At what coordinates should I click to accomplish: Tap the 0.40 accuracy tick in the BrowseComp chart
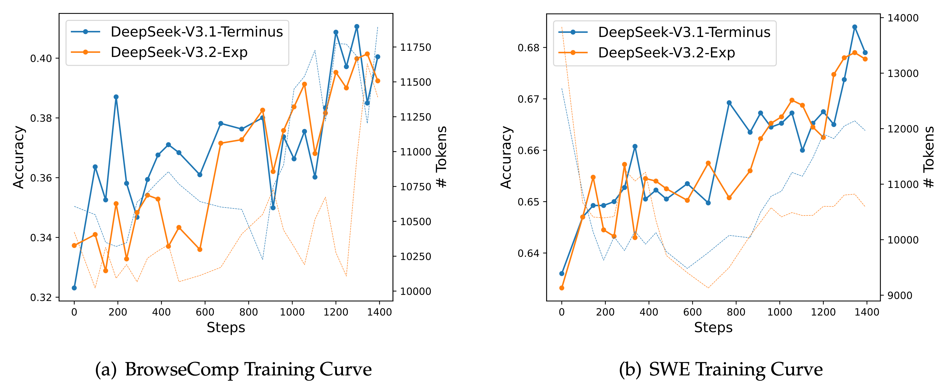pos(41,58)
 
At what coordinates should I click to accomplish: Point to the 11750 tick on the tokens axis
pos(416,47)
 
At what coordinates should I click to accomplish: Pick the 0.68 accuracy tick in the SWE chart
pos(529,48)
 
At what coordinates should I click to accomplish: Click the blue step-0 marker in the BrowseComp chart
pos(74,288)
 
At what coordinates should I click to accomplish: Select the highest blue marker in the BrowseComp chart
pos(357,27)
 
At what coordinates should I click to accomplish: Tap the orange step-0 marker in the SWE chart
pos(562,288)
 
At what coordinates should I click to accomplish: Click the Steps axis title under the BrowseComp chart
pos(226,327)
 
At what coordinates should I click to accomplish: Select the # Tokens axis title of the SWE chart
pos(929,157)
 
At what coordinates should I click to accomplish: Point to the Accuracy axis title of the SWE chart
pos(506,157)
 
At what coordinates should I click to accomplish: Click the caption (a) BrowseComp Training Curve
pos(233,369)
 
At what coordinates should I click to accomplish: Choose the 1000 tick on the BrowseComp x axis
pos(292,312)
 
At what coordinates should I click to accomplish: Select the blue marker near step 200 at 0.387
pos(116,97)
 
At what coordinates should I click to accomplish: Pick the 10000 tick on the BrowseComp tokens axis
pos(416,291)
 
